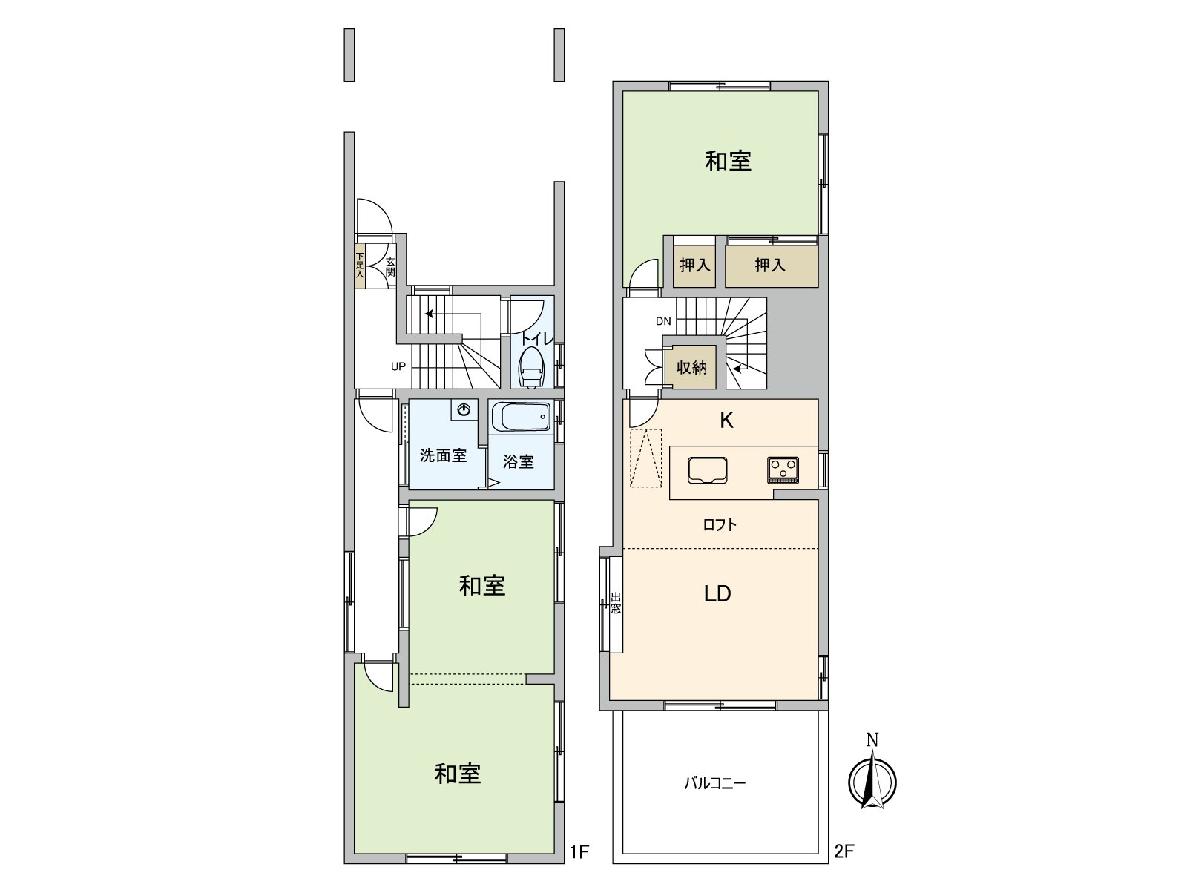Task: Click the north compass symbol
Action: tap(872, 779)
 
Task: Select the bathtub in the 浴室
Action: tap(521, 417)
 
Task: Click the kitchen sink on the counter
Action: tap(707, 470)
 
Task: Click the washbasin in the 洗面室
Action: tap(464, 409)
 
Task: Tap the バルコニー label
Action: tap(714, 782)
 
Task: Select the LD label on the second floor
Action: tap(717, 593)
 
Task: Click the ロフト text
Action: tap(720, 525)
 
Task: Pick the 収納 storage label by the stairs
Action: tap(691, 367)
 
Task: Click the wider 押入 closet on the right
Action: tap(770, 265)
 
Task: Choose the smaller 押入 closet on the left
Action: tap(695, 265)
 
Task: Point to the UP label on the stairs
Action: tap(398, 366)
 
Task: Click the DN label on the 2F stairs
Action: tap(663, 321)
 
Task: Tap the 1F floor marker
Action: tap(579, 851)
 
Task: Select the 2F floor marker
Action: tap(844, 851)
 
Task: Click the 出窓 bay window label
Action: tap(616, 603)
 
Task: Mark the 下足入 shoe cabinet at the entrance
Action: tap(360, 265)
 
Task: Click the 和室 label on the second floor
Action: tap(728, 161)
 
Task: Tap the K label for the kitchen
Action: tap(726, 421)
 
